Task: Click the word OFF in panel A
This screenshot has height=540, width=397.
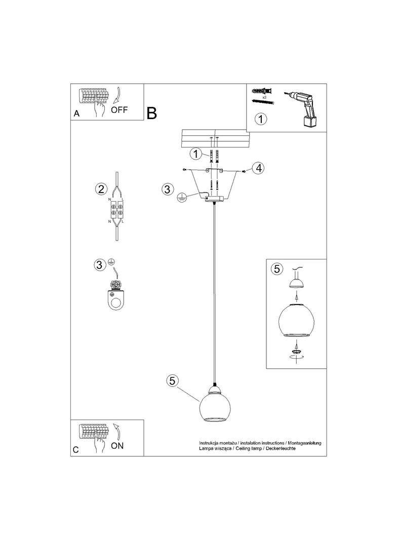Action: coord(120,109)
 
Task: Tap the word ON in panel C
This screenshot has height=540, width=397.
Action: coord(117,446)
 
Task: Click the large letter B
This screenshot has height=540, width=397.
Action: coord(152,113)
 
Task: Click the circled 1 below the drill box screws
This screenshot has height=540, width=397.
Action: coord(260,120)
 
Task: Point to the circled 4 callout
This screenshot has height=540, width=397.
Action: coord(258,168)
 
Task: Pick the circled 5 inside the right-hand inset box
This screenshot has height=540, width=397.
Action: coord(276,269)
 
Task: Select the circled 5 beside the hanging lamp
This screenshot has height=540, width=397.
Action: coord(173,381)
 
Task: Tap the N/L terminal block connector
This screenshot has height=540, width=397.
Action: coord(116,211)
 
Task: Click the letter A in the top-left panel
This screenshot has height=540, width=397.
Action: coord(76,114)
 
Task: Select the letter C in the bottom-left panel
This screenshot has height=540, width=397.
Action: coord(76,450)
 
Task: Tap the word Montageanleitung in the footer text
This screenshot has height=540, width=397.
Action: coord(302,443)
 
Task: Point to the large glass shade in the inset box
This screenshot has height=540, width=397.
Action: coord(296,320)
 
